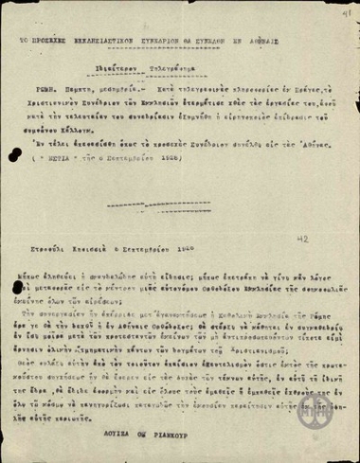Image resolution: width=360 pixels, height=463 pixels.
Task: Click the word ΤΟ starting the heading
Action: [31, 44]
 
